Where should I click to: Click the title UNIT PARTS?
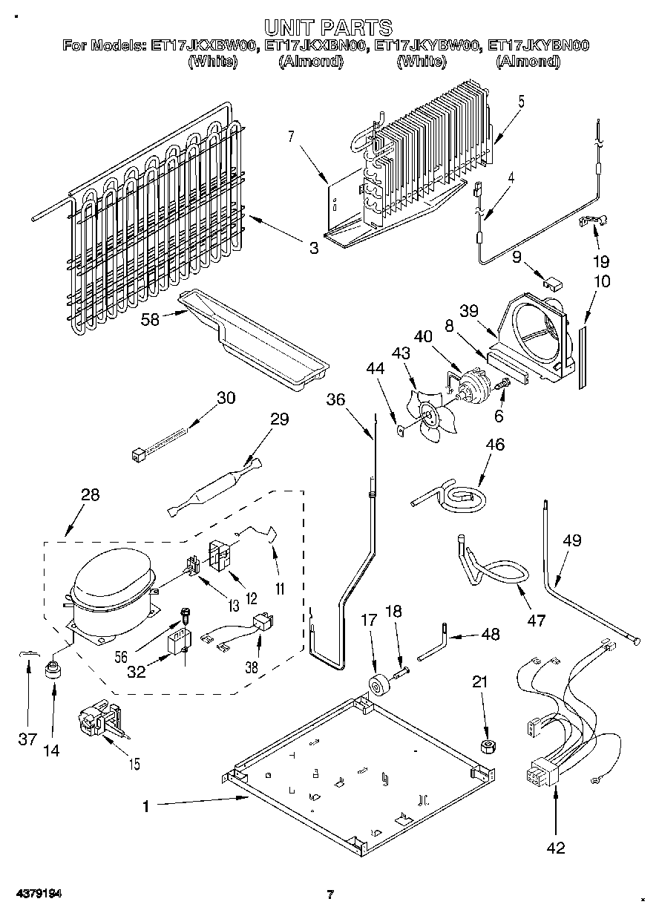(x=328, y=27)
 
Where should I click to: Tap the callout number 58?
(x=150, y=319)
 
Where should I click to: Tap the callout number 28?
(x=90, y=495)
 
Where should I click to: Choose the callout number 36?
(x=335, y=399)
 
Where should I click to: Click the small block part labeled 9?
(x=552, y=284)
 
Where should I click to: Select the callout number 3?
(x=314, y=248)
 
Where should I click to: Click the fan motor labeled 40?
(x=473, y=385)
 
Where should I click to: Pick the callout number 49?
(x=572, y=540)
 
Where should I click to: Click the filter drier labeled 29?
(x=215, y=487)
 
